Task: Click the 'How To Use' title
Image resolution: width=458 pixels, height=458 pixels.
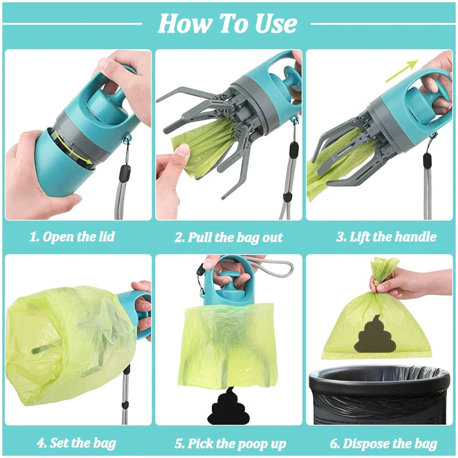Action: click(227, 24)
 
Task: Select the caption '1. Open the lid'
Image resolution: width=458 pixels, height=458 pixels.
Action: click(72, 236)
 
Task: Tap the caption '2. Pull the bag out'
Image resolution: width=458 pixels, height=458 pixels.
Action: click(228, 237)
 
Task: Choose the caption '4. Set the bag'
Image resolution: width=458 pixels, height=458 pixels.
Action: click(76, 443)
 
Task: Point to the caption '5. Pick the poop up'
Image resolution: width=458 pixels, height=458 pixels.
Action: click(230, 443)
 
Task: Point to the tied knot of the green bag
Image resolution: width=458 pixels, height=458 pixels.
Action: click(384, 273)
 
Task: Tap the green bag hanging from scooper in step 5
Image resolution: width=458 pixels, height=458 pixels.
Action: click(229, 343)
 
